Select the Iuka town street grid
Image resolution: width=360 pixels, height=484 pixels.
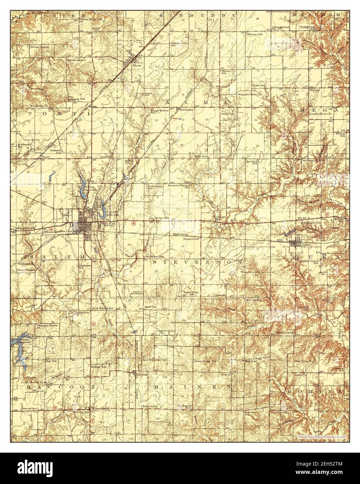297,242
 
